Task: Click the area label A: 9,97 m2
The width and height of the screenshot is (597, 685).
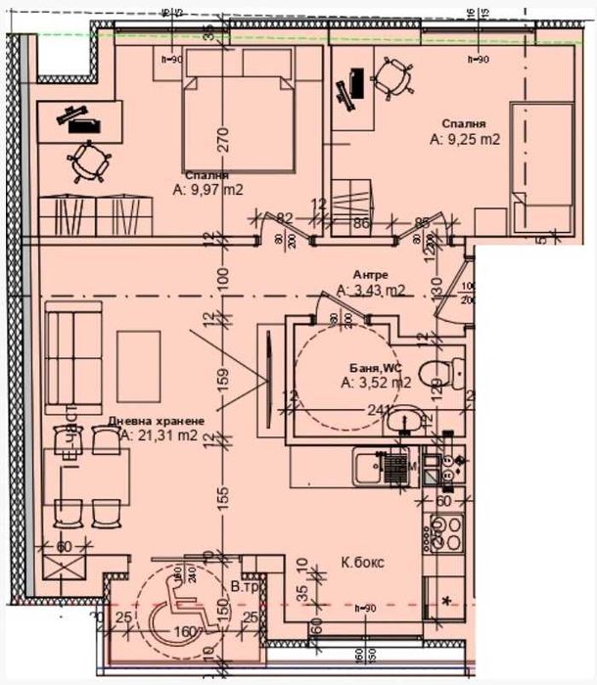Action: coord(207,190)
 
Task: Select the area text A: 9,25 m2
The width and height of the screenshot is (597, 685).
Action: coord(465,140)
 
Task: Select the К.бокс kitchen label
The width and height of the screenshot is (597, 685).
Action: coord(362,564)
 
